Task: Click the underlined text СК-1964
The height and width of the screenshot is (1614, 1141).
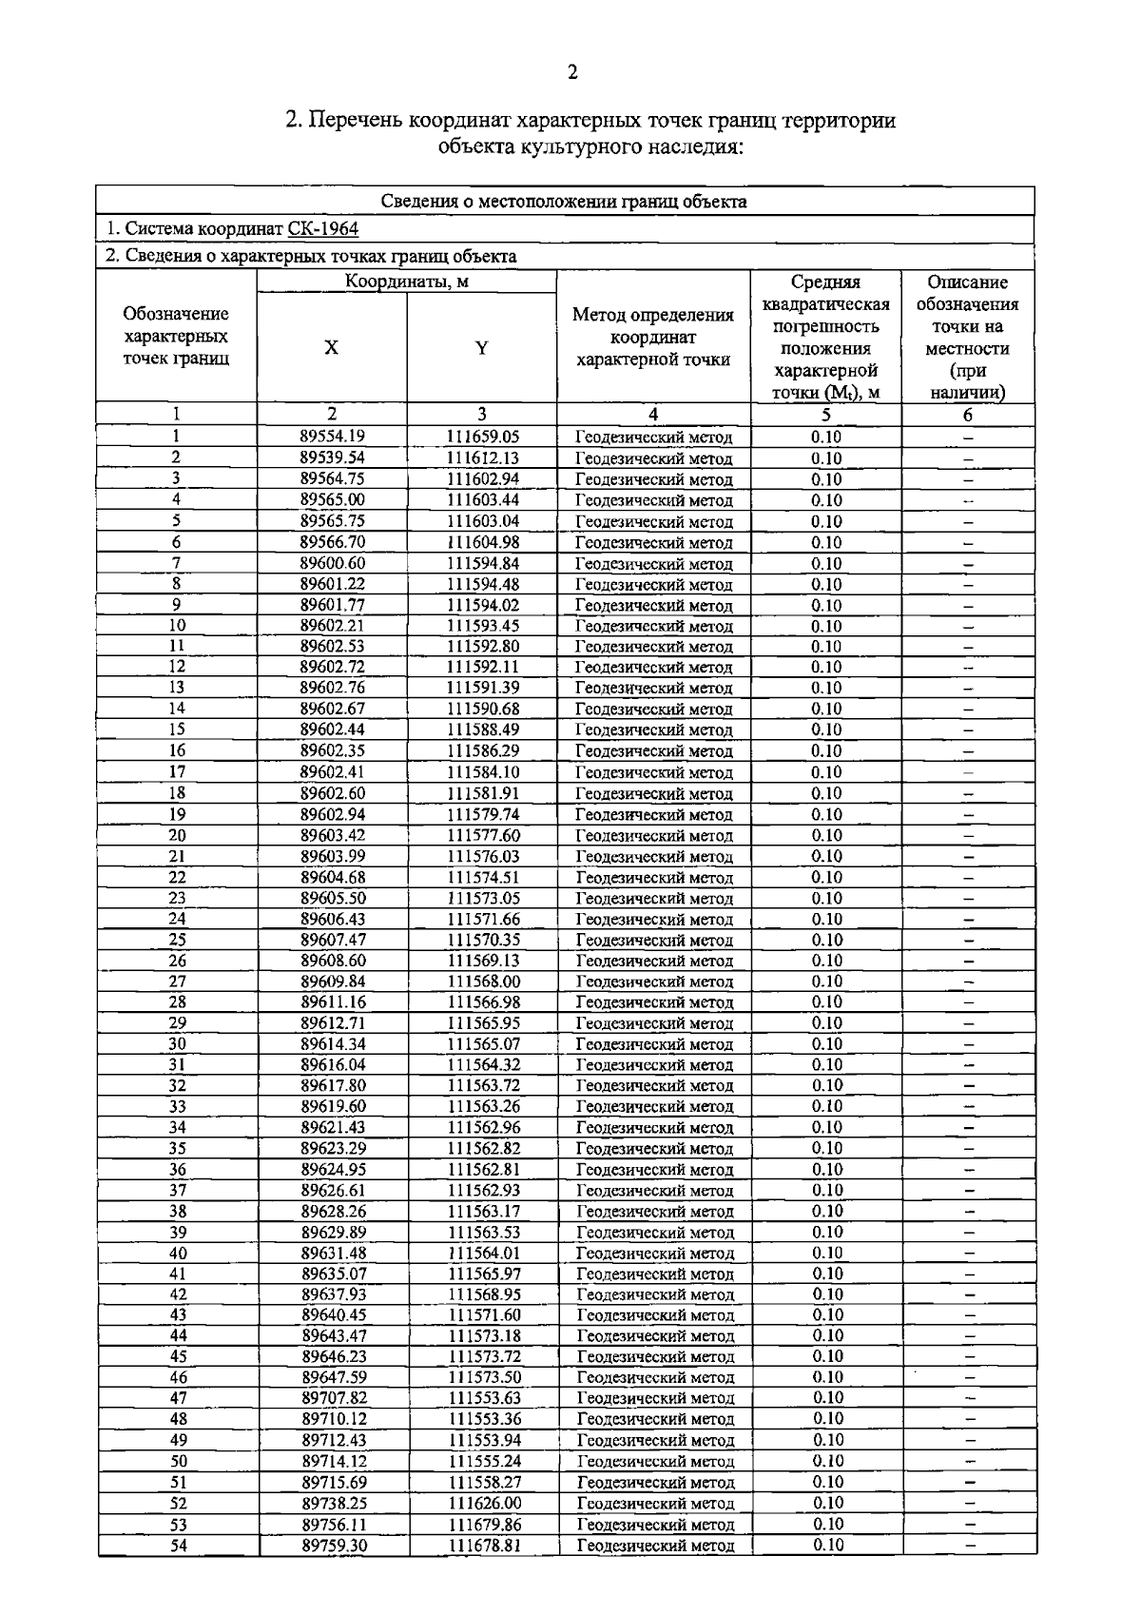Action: [x=323, y=229]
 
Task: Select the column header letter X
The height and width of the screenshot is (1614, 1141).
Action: [x=331, y=348]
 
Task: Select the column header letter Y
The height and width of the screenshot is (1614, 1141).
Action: [x=482, y=348]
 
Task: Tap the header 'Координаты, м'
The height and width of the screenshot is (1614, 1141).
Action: [x=406, y=282]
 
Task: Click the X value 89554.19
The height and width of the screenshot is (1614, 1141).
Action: [x=333, y=437]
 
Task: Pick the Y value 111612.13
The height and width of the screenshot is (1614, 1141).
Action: [x=483, y=457]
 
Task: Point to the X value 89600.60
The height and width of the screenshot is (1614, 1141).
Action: [x=333, y=563]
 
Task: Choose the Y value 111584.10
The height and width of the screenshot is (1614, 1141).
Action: [x=483, y=771]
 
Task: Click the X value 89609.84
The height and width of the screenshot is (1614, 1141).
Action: [x=333, y=981]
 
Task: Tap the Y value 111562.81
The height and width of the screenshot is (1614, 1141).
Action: [x=484, y=1169]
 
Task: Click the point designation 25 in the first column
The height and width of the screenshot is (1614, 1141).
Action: [x=177, y=940]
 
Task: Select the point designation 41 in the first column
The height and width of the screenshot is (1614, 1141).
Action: [x=178, y=1274]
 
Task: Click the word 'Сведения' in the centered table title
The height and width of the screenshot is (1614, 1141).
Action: [x=417, y=202]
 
